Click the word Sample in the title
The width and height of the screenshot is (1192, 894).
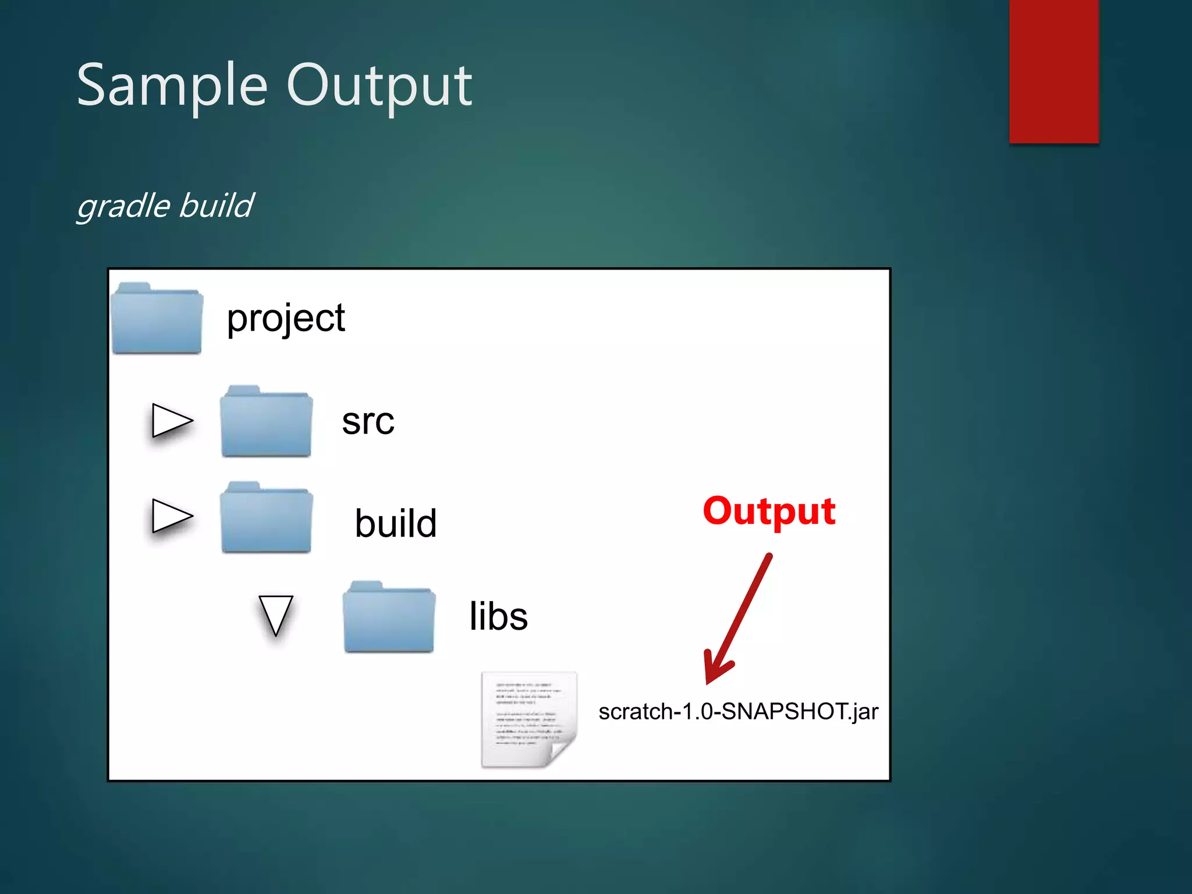[172, 86]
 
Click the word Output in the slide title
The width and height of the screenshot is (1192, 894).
[379, 86]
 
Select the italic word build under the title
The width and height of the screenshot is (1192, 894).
[216, 205]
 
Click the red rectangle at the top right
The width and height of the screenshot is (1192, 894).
[1053, 71]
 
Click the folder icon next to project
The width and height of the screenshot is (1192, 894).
[157, 319]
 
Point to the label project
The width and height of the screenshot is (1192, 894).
[286, 318]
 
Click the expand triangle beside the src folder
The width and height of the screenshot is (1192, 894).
[170, 420]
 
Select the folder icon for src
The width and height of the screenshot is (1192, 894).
[266, 422]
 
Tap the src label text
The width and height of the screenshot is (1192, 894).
[368, 421]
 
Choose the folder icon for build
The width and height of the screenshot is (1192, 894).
[266, 518]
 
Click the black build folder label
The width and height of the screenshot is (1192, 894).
[396, 523]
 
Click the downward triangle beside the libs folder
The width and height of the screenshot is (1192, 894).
[275, 614]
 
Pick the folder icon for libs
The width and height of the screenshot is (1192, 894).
[389, 618]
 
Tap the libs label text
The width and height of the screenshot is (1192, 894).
[498, 616]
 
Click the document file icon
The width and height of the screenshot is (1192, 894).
[528, 719]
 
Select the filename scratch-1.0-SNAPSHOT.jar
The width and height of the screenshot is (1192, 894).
[738, 712]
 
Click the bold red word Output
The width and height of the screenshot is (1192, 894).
[769, 511]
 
